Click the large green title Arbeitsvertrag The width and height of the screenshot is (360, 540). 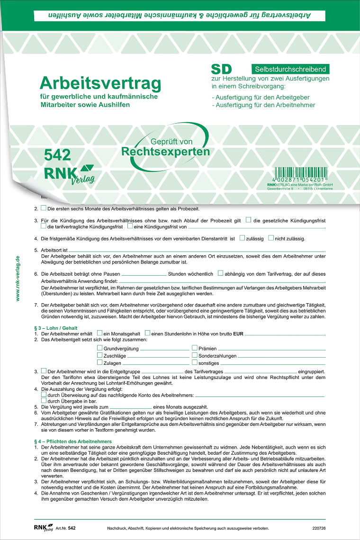pos(100,83)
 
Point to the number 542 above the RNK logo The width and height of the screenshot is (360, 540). pos(58,155)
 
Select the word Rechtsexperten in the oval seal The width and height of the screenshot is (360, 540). pos(165,152)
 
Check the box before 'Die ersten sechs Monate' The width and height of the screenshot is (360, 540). pos(44,208)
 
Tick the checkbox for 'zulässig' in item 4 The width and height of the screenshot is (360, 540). pos(242,238)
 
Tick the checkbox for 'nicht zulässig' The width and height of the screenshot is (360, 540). pos(271,238)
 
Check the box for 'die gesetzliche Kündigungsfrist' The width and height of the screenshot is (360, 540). pos(248,220)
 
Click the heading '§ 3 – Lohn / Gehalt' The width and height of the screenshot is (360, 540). pos(55,328)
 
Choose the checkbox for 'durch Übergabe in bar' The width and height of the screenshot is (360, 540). pos(44,400)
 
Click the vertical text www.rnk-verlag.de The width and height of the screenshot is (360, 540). pos(18,278)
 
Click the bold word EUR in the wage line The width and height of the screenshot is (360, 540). pos(238,334)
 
